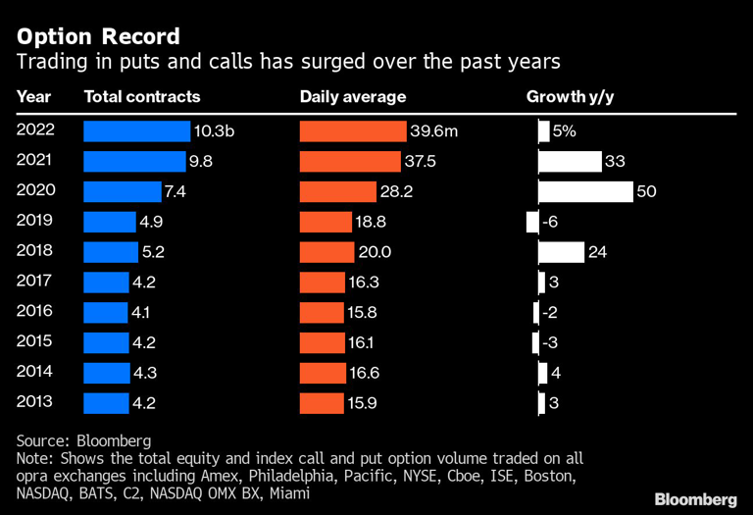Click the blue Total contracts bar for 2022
pyautogui.click(x=137, y=131)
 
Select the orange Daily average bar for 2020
pyautogui.click(x=337, y=192)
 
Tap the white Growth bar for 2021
pyautogui.click(x=570, y=162)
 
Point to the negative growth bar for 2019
pyautogui.click(x=532, y=223)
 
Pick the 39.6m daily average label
pyautogui.click(x=429, y=131)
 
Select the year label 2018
pyautogui.click(x=35, y=252)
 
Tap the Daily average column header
pyautogui.click(x=353, y=97)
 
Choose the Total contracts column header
pyautogui.click(x=142, y=97)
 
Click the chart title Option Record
pyautogui.click(x=98, y=37)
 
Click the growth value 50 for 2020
pyautogui.click(x=646, y=192)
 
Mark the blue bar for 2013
pyautogui.click(x=107, y=402)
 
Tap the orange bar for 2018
pyautogui.click(x=326, y=252)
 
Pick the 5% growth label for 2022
pyautogui.click(x=563, y=131)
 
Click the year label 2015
pyautogui.click(x=35, y=342)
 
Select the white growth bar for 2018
pyautogui.click(x=562, y=252)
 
